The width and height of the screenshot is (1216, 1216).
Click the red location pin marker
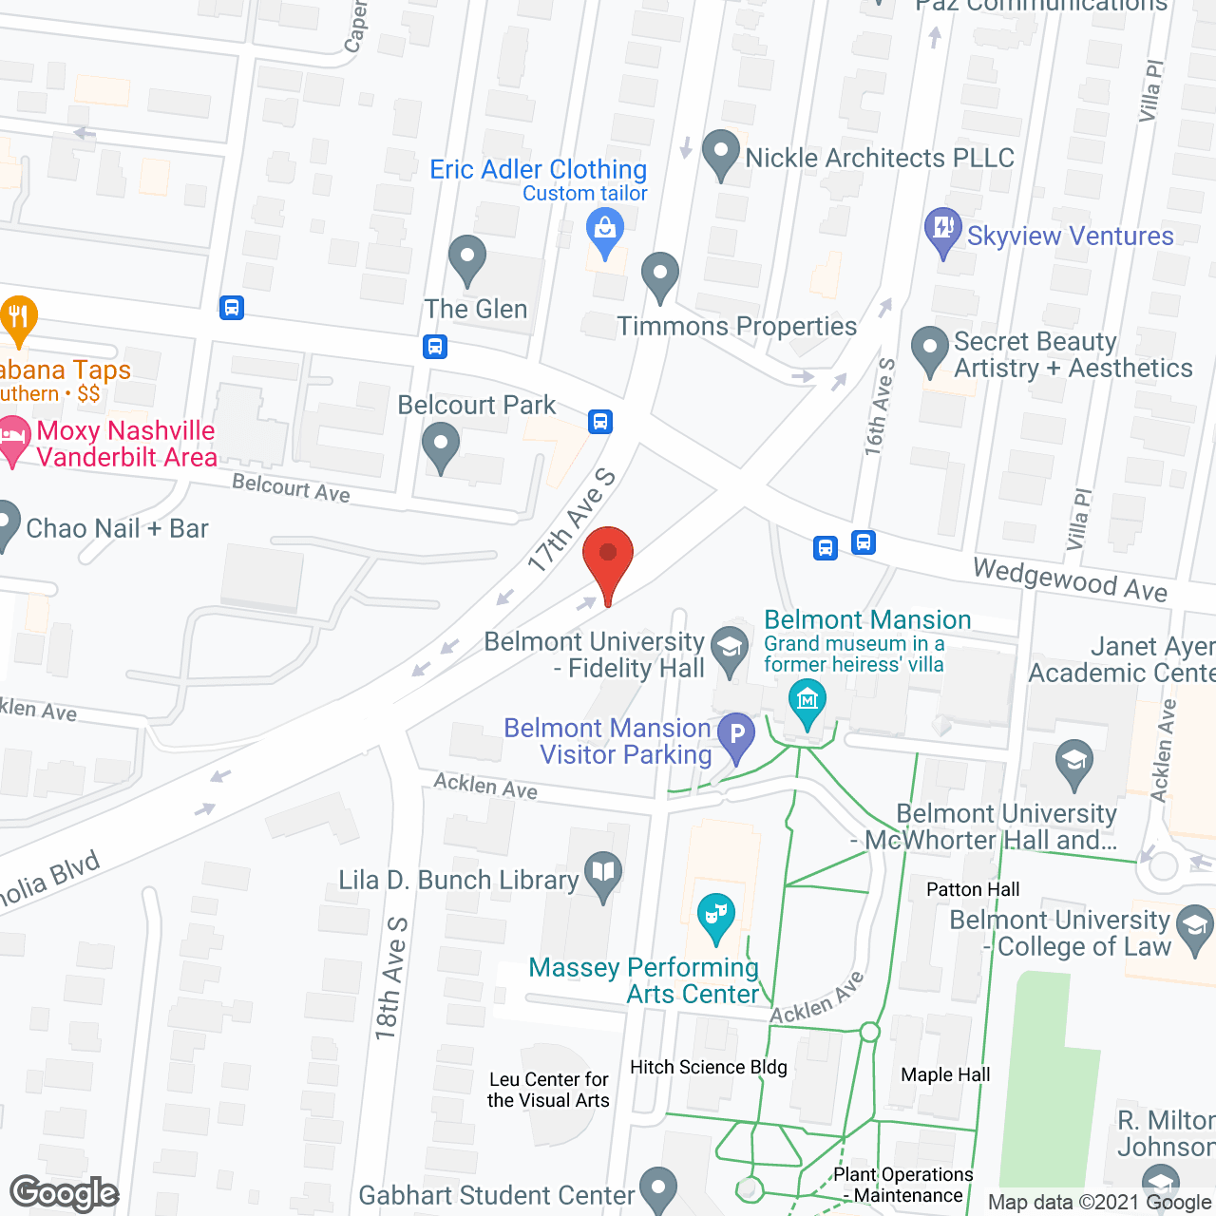coord(608,560)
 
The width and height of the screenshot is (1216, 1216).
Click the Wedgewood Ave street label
coord(1070,579)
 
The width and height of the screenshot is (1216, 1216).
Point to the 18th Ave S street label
coord(390,978)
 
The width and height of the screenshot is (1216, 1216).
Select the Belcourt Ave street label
coord(291,488)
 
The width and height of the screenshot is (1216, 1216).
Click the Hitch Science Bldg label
coord(709,1067)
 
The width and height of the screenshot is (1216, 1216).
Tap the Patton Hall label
coord(973,889)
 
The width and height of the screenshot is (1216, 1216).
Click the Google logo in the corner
coord(64,1193)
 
